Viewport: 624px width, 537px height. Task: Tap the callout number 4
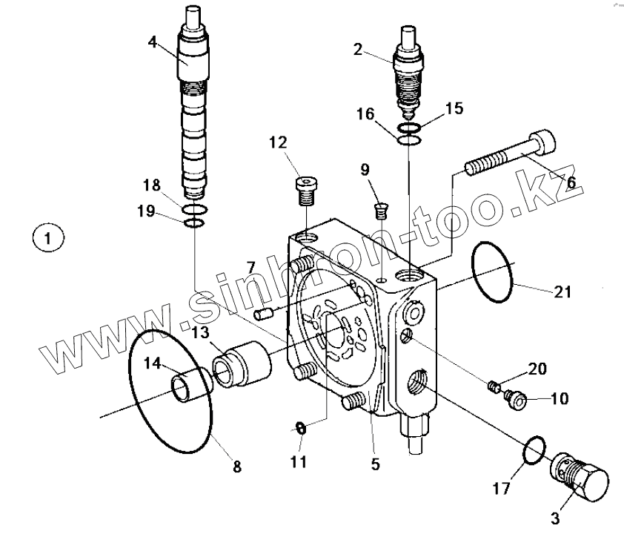click(x=152, y=42)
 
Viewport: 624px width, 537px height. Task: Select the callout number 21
click(x=563, y=291)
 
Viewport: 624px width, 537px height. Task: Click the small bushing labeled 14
click(x=186, y=386)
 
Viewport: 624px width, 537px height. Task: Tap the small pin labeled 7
click(x=260, y=314)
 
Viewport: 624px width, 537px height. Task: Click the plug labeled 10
click(x=514, y=401)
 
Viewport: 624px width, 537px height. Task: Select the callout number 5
click(x=375, y=465)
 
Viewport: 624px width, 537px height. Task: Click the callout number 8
click(x=236, y=467)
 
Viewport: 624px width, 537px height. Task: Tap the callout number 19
click(x=146, y=211)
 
